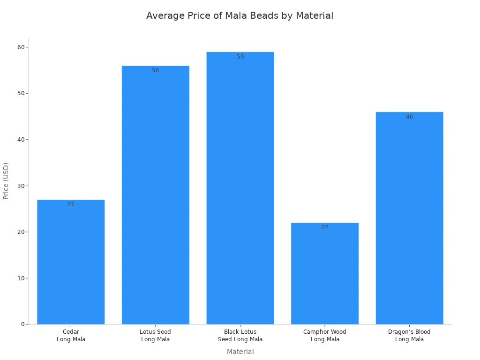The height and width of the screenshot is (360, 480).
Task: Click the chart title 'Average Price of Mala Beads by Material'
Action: tap(240, 15)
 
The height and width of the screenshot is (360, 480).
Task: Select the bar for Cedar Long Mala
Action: tap(71, 262)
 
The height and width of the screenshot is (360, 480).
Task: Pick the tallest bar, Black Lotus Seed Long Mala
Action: tap(240, 188)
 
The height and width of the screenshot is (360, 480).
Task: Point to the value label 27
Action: tap(71, 204)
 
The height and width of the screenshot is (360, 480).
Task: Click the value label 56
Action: tap(156, 70)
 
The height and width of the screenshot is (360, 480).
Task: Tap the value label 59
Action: tap(240, 57)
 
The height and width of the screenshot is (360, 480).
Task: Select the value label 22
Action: tap(325, 227)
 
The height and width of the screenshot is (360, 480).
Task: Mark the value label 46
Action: tap(409, 117)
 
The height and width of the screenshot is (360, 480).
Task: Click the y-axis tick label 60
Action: tap(21, 47)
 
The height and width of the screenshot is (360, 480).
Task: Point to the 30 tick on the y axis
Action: tap(21, 186)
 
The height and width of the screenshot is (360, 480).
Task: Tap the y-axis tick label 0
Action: tap(23, 324)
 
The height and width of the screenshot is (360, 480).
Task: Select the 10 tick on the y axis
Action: tap(21, 278)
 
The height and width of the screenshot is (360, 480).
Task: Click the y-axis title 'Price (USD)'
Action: tap(6, 181)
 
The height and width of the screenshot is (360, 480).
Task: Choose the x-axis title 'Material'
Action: tap(240, 352)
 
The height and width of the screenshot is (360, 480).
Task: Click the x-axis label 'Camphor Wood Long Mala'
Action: tap(325, 336)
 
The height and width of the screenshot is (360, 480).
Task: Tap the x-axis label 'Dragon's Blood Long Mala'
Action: tap(409, 336)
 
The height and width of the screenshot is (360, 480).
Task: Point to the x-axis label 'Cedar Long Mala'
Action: tap(71, 336)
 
